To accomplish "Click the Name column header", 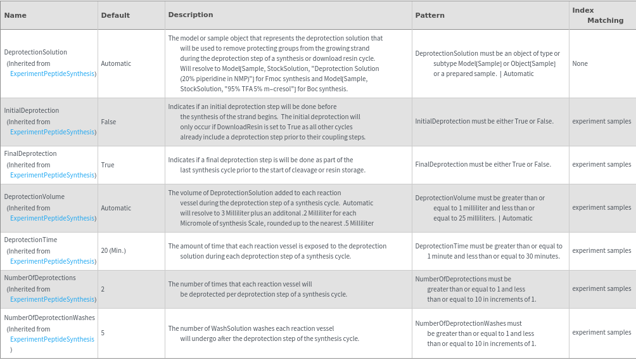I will tap(15, 15).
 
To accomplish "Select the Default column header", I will tap(115, 15).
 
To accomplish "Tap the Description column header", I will tap(191, 15).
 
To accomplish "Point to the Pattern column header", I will tap(430, 15).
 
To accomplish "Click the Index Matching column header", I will tap(597, 15).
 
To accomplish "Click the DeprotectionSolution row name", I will tap(35, 52).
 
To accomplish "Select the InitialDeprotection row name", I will tap(32, 110).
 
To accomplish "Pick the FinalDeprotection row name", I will tap(30, 153).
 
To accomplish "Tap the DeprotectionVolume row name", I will tap(34, 196).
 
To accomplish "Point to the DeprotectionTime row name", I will tap(30, 240).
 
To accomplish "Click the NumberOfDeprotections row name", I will tap(40, 278).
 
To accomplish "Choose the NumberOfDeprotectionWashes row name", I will tap(49, 318).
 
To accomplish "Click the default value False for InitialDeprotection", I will tap(108, 122).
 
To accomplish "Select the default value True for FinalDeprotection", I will tap(108, 165).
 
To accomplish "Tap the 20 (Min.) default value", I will tap(113, 250).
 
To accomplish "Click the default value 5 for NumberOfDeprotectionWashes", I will tap(103, 333).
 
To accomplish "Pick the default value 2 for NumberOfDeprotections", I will tap(103, 289).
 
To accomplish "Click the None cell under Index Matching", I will tap(580, 63).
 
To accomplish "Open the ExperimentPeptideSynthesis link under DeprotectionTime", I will tap(52, 261).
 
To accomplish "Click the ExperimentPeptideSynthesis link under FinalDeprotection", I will tap(52, 175).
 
